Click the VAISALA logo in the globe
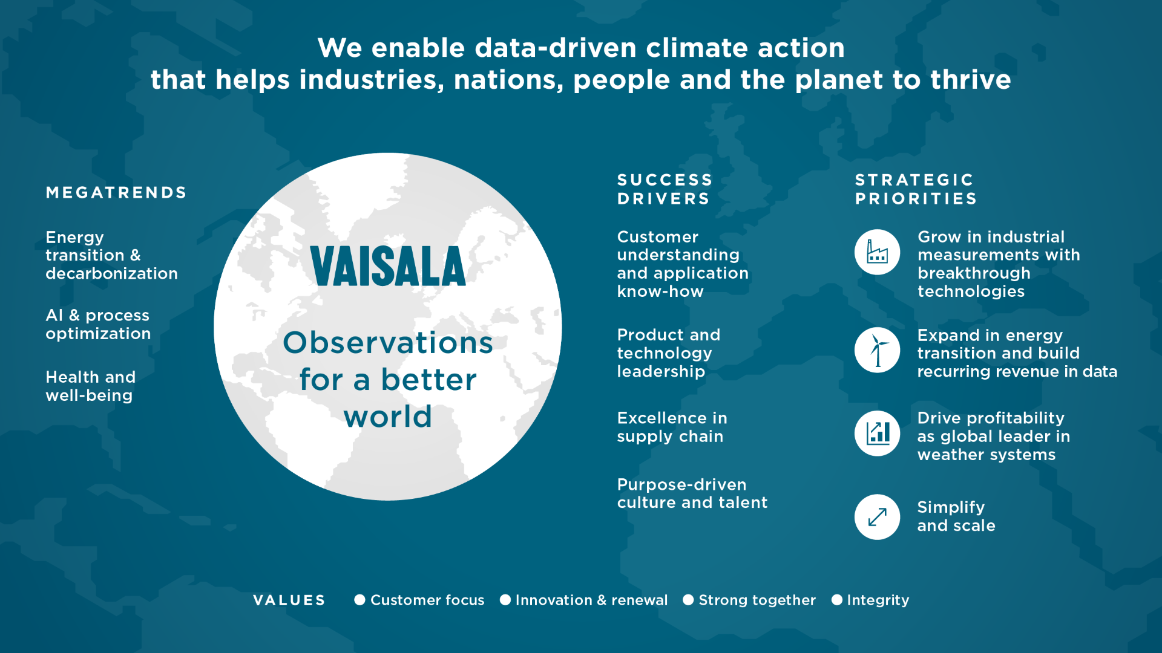[388, 265]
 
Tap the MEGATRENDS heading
[116, 192]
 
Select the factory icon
[878, 252]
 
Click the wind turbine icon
[878, 350]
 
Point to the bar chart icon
[878, 434]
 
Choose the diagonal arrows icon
[878, 517]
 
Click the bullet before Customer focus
[359, 600]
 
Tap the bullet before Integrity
[837, 600]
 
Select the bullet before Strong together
[688, 600]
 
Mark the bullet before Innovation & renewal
[505, 600]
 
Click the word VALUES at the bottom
[289, 600]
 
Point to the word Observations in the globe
[388, 342]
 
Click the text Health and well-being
[91, 386]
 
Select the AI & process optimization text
[98, 324]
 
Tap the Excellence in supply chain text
[672, 427]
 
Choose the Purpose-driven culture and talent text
[692, 493]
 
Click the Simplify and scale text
[956, 516]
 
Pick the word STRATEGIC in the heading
[914, 180]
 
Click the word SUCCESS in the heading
[665, 180]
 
